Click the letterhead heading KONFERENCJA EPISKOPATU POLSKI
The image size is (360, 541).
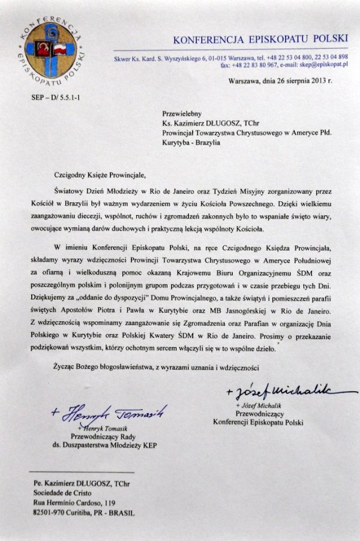[x=260, y=40]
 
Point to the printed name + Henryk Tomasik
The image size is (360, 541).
[x=106, y=428]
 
